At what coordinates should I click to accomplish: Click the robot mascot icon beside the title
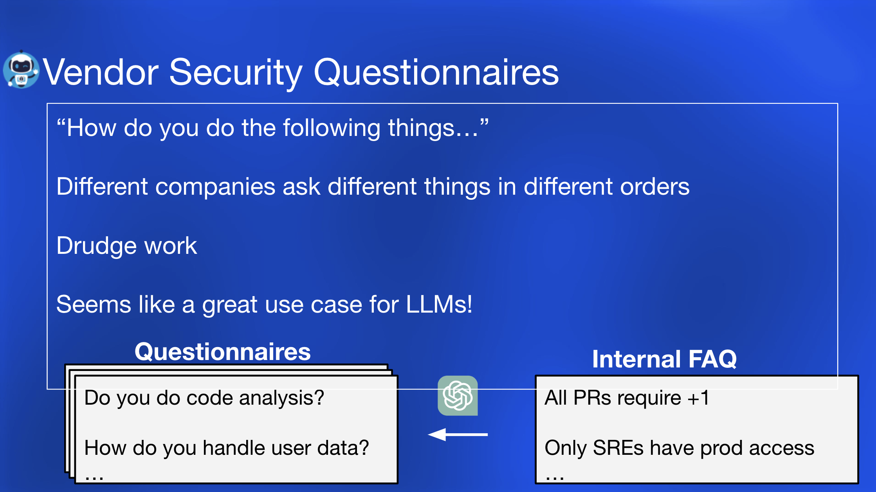click(21, 70)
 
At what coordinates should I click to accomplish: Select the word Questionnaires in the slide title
click(436, 73)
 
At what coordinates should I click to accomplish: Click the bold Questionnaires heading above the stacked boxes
click(223, 352)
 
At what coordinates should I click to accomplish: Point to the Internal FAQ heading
click(664, 359)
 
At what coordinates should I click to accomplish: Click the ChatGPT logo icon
click(458, 396)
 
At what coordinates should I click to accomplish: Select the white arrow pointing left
click(458, 434)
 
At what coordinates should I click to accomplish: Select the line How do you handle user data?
click(227, 448)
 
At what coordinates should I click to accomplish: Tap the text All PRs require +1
click(627, 398)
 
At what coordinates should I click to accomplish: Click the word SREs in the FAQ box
click(618, 448)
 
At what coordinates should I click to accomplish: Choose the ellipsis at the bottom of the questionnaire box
click(94, 478)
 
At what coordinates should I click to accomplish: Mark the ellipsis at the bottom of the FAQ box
click(555, 478)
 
